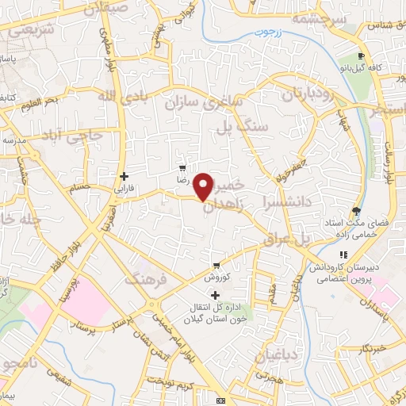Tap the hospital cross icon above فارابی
123,176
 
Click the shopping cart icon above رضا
183,168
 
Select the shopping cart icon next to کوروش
216,266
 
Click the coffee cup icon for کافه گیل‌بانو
361,56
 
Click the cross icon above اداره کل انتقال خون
215,295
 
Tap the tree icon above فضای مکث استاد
357,211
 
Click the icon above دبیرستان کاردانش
343,255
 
